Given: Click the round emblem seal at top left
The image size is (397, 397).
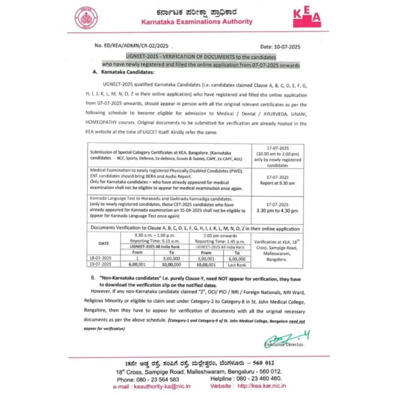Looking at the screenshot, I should pos(86,18).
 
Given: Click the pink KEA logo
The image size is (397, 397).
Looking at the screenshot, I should pos(307,17).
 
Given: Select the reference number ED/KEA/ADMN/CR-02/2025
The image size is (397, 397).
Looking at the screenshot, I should pos(131,46).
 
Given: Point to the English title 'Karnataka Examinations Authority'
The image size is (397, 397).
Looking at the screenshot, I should pos(197,22).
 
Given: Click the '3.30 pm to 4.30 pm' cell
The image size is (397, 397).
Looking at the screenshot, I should pos(278,211).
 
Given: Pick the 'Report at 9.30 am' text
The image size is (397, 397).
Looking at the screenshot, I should pos(278,183).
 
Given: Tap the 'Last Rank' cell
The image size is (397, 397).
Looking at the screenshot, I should pos(237,265).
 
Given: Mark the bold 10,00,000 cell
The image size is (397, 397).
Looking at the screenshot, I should pos(172,265).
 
